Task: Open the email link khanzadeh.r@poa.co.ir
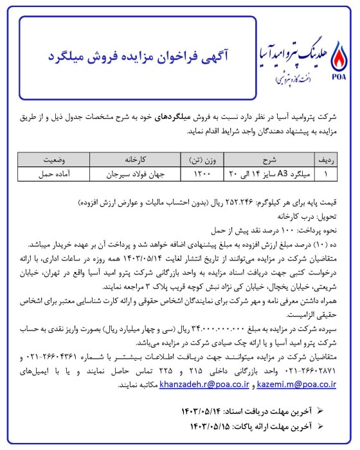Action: click(205, 384)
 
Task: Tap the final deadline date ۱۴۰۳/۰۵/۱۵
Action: click(212, 424)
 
